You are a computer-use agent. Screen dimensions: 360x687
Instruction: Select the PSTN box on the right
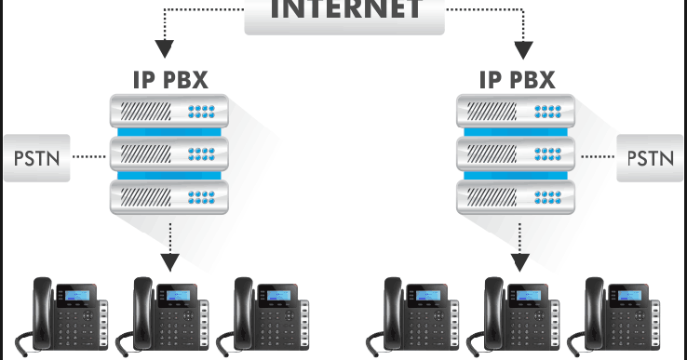(650, 155)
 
